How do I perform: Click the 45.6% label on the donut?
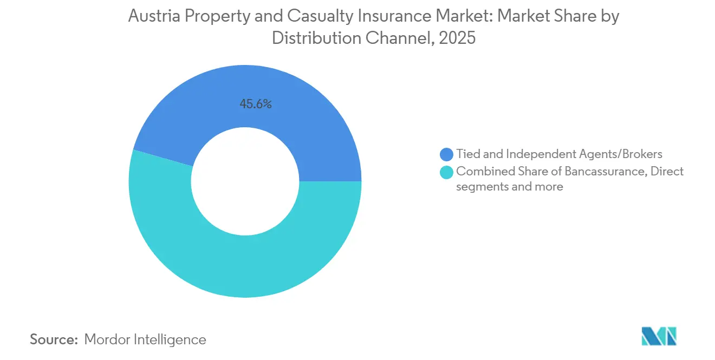coord(256,104)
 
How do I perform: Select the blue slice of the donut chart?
coord(303,119)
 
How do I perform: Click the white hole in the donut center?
coord(245,181)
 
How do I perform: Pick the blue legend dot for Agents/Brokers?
coord(447,155)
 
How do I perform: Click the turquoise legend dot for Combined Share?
coord(447,172)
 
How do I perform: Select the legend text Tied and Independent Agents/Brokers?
coord(559,154)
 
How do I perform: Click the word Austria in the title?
coord(153,17)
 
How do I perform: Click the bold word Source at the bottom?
coord(54,340)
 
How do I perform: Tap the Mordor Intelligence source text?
coord(145,340)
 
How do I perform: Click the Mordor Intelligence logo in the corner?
coord(659,336)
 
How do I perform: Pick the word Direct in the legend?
coord(667,172)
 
